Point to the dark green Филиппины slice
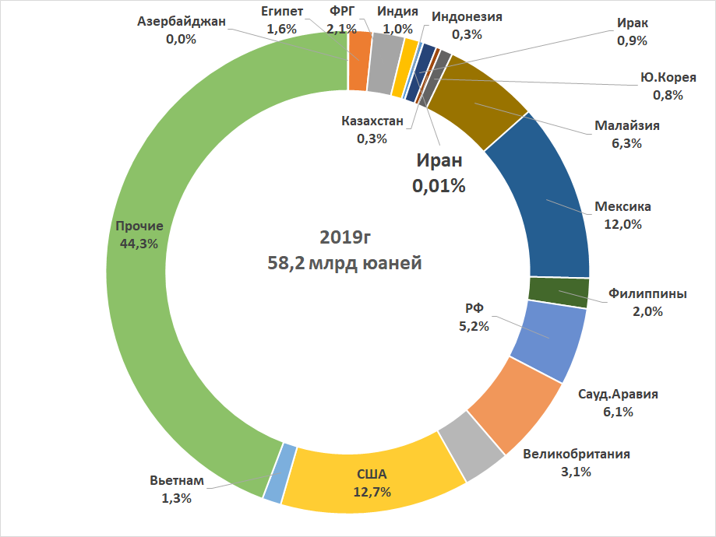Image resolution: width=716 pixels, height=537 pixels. tap(558, 291)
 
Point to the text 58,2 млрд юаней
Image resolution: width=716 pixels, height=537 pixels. tap(344, 263)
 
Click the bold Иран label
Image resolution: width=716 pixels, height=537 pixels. tap(439, 161)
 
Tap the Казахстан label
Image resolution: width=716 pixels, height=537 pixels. tap(372, 121)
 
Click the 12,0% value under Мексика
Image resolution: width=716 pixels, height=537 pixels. tap(622, 224)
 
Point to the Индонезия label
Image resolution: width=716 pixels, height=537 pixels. tap(467, 16)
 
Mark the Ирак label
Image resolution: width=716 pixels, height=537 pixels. tap(632, 23)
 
